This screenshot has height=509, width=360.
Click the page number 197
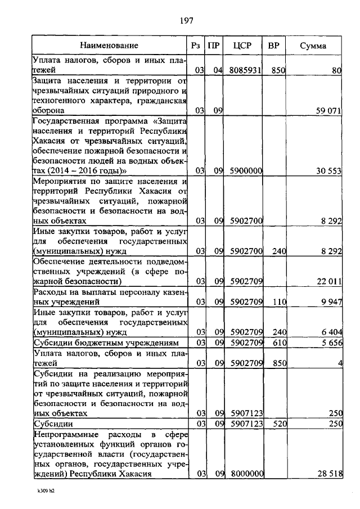(x=187, y=21)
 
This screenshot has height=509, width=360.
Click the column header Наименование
(x=109, y=45)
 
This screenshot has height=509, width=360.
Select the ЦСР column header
(x=245, y=45)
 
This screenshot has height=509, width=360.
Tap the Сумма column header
(x=314, y=45)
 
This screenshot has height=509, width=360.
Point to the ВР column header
(x=274, y=45)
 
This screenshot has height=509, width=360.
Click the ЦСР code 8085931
(x=246, y=71)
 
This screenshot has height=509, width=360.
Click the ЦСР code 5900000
(x=246, y=170)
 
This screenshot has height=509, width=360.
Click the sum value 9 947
(x=332, y=303)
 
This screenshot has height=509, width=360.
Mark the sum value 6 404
(x=332, y=332)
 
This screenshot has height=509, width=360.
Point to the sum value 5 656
(x=332, y=343)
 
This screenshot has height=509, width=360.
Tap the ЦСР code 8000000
(x=246, y=474)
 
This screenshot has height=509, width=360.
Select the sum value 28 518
(x=329, y=474)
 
